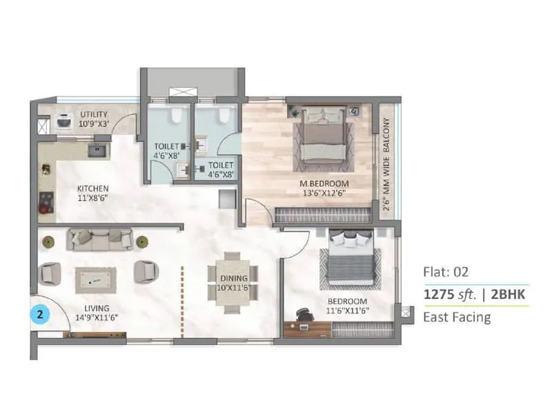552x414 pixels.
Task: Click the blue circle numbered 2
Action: coord(41,315)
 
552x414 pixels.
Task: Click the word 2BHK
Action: coord(511,294)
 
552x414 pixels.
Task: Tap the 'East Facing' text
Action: coord(457,317)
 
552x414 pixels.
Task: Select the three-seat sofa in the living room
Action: coord(99,239)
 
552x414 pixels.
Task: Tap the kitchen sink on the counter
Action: coord(97,149)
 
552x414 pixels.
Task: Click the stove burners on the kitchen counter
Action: coord(46,201)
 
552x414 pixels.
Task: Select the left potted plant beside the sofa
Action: coord(49,241)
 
